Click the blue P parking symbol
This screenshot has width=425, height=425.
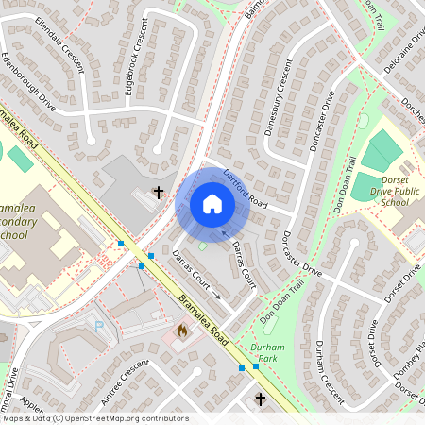100,325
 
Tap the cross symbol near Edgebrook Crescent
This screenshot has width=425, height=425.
158,193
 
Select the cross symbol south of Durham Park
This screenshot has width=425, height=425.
261,399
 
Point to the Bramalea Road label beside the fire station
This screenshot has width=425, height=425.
204,321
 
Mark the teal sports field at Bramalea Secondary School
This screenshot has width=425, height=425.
20,159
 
